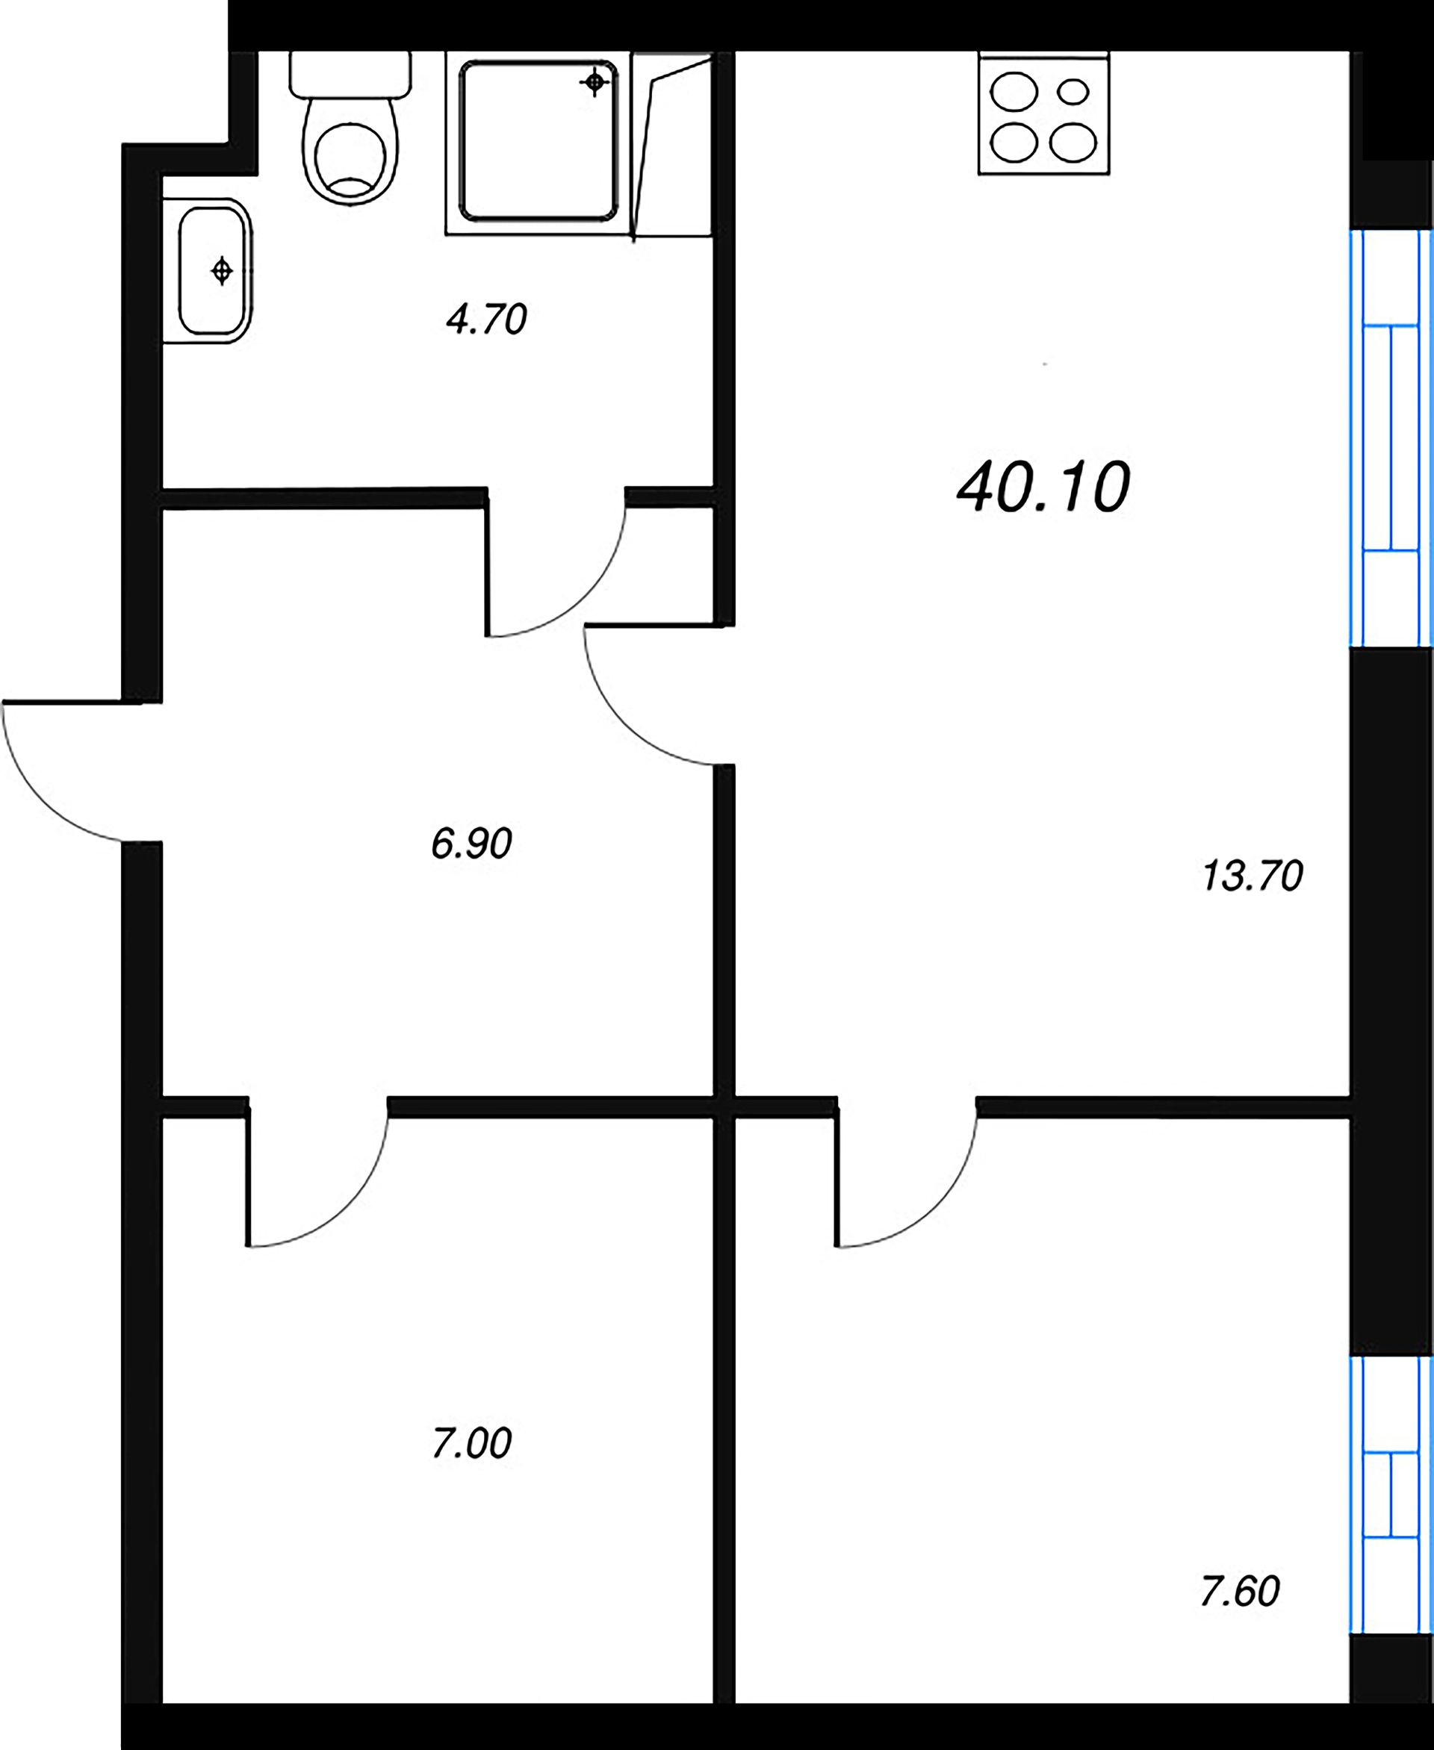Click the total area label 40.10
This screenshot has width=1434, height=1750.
click(x=1043, y=488)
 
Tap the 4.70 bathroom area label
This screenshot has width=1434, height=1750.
click(x=485, y=320)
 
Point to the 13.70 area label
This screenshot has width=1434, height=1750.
click(x=1253, y=876)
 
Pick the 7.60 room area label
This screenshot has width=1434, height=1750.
click(x=1239, y=1591)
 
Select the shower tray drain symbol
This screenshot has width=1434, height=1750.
click(x=595, y=83)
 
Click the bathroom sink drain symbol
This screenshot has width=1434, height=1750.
click(x=221, y=271)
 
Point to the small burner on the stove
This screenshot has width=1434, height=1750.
click(x=1073, y=91)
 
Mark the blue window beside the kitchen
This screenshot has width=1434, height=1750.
click(x=1391, y=437)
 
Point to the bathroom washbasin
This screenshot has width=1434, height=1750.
click(x=212, y=271)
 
